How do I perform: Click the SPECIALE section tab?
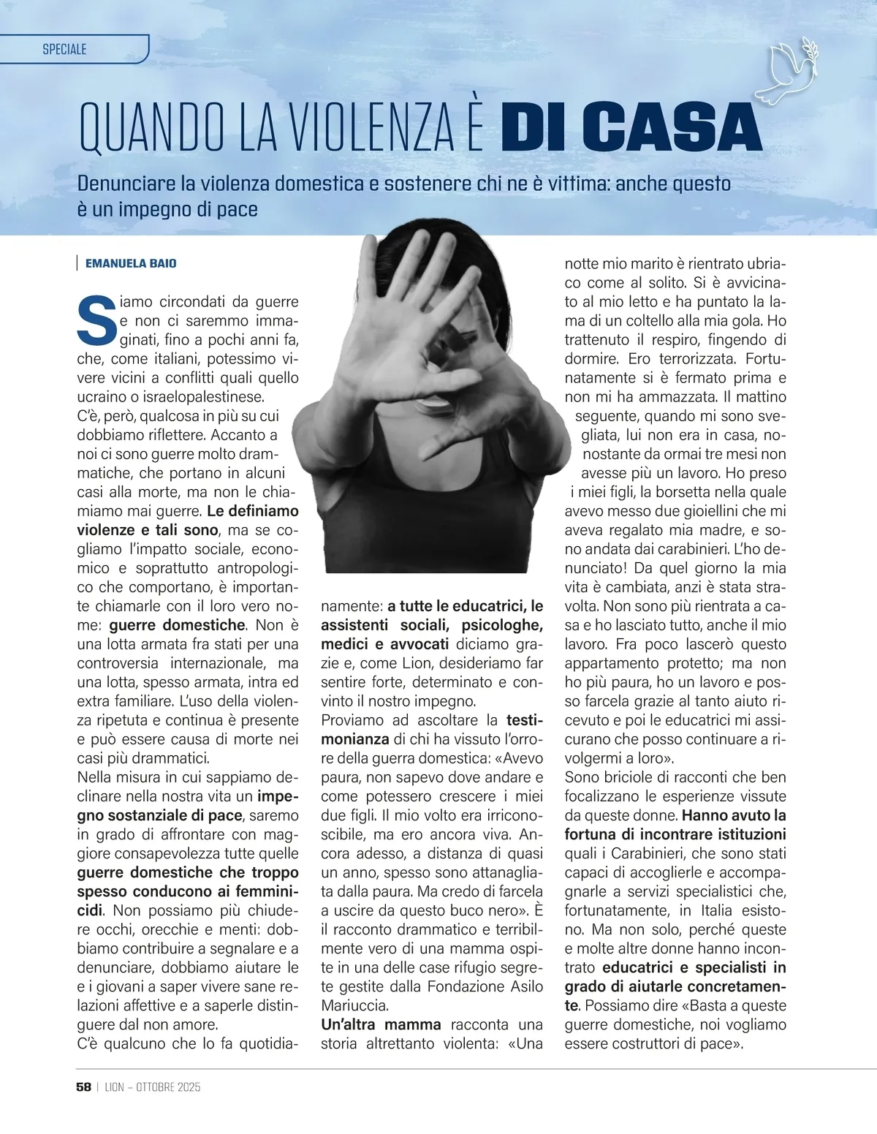[65, 49]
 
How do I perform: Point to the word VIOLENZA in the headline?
[373, 129]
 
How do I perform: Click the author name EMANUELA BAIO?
[131, 263]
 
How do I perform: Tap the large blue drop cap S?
[96, 320]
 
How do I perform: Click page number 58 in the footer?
[83, 1087]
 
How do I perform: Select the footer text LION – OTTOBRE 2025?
[152, 1087]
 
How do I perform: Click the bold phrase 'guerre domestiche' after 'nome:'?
[177, 625]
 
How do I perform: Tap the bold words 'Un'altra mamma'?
[381, 1024]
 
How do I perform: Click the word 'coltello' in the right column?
[652, 320]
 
